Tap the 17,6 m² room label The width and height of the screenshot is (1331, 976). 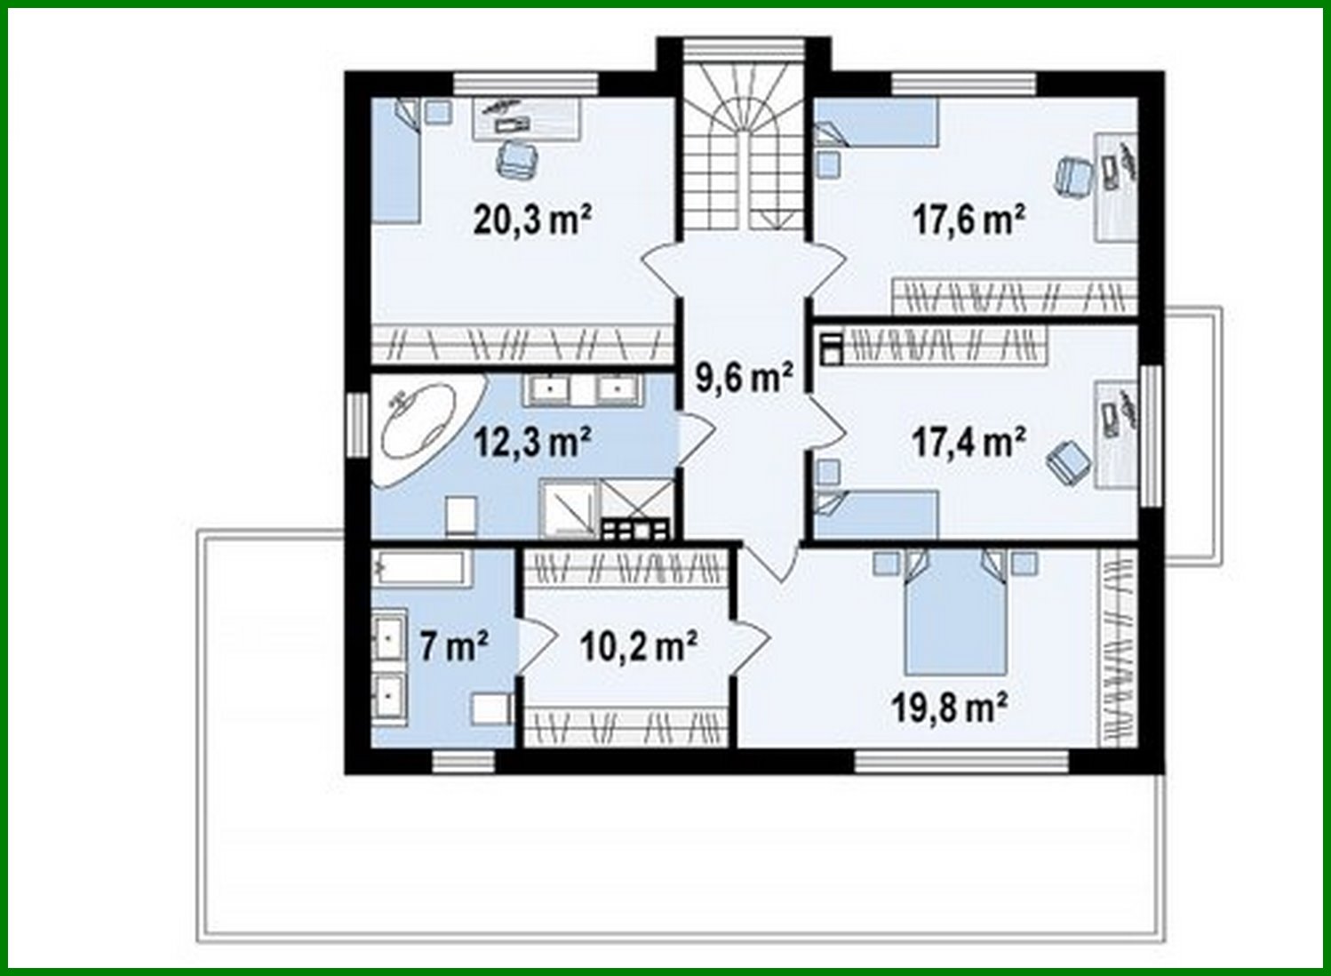click(969, 220)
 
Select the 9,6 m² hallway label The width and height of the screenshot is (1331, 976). click(745, 377)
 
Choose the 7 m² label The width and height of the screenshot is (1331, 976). click(454, 645)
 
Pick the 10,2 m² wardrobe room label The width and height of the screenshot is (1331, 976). click(639, 645)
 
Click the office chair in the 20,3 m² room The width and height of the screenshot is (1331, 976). click(517, 159)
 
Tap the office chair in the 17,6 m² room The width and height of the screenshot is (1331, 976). click(1074, 175)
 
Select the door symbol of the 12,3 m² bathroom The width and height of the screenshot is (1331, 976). click(695, 439)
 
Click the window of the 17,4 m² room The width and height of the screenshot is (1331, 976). click(1152, 436)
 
